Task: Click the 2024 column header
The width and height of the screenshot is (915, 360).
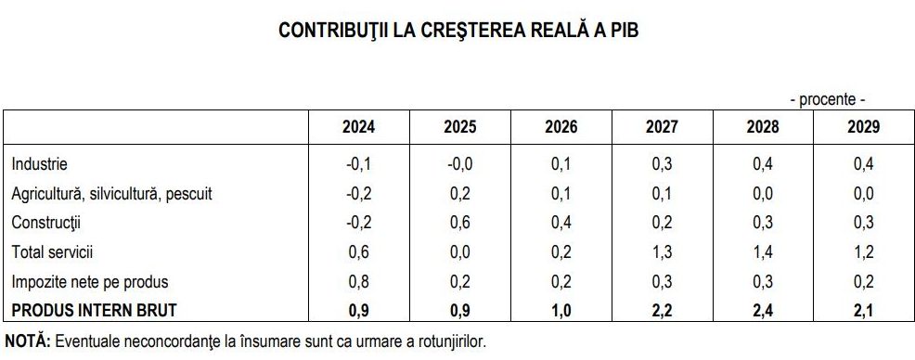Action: coord(359,127)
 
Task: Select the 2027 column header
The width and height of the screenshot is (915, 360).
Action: coord(662,127)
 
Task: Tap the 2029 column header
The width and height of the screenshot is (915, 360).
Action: coord(863,127)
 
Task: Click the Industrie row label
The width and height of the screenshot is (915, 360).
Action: coord(39,165)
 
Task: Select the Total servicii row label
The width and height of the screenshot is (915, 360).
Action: coord(53,252)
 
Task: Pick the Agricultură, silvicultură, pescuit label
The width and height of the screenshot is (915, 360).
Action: coord(111,194)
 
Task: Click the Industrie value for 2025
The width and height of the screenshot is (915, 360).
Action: coord(460,165)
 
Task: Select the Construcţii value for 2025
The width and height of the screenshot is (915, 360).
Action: coord(460,223)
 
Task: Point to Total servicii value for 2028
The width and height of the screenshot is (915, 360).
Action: coord(763,252)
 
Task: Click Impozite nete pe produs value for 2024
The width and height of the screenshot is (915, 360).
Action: coord(359,281)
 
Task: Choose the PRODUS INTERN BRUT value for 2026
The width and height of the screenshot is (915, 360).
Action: coord(561,310)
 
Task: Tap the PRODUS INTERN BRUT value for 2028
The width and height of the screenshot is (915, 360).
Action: coord(763,310)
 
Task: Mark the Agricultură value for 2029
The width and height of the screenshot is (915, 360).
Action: coord(863,194)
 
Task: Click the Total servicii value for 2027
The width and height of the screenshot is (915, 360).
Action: coord(662,252)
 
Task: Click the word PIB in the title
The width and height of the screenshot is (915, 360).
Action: coord(622,31)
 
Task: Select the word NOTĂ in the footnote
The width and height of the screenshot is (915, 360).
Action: coord(28,341)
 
